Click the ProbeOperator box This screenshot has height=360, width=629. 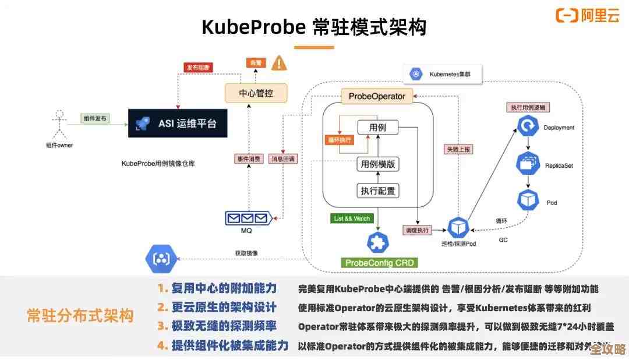(377, 96)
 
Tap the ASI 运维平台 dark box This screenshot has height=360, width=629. (178, 123)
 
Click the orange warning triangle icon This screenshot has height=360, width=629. (280, 63)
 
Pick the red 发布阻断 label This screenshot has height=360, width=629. (199, 67)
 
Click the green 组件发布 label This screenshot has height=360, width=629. (96, 118)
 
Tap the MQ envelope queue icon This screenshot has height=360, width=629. (247, 218)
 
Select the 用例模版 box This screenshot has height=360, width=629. (379, 164)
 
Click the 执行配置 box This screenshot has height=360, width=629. (379, 190)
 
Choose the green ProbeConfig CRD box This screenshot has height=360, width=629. (379, 263)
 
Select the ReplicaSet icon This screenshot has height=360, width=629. (528, 164)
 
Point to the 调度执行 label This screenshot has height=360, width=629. (417, 230)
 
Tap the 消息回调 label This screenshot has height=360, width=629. (282, 158)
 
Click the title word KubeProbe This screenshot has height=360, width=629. (253, 27)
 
